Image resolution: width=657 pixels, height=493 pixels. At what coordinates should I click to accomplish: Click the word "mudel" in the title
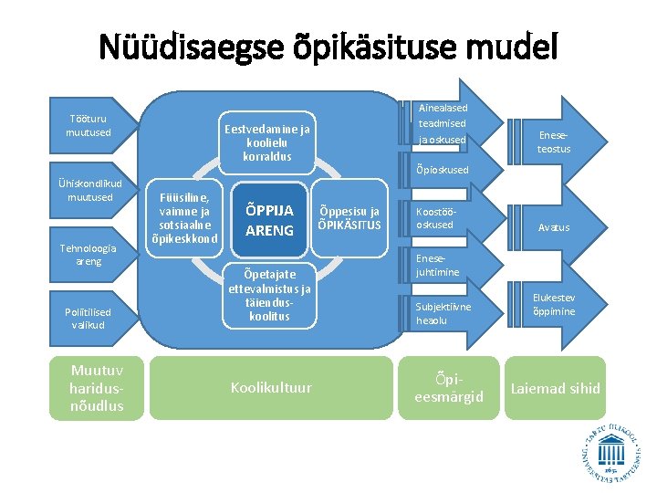[508, 46]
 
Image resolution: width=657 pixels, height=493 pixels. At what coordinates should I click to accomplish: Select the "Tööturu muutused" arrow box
[89, 125]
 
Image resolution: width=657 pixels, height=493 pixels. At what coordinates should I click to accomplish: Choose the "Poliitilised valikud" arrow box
[89, 318]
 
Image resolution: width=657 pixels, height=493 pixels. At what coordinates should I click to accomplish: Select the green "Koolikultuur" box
[270, 388]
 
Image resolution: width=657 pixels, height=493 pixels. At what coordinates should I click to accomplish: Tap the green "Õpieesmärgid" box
[448, 388]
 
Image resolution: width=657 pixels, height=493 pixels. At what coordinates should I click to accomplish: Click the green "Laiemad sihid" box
[555, 388]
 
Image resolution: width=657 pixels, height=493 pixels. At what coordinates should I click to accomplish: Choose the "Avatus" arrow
[553, 227]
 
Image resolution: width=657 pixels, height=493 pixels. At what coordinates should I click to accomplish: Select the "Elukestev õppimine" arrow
[553, 305]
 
